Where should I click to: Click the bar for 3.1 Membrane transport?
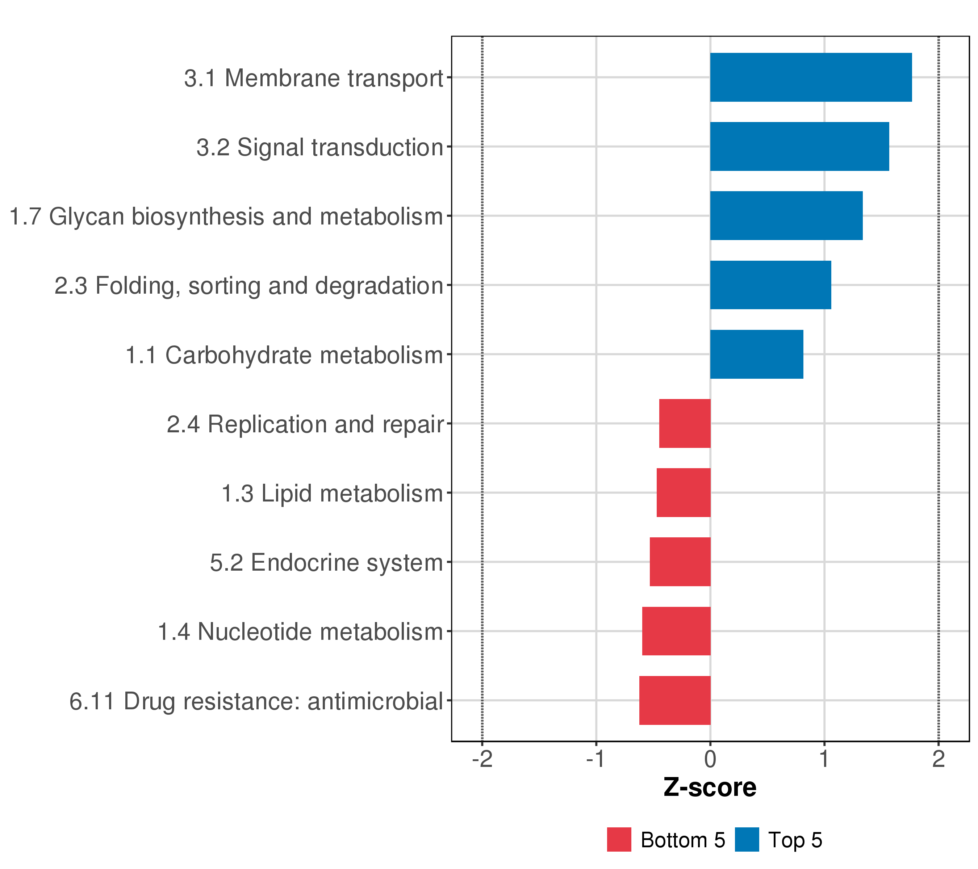click(x=811, y=77)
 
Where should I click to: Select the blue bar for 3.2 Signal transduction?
click(x=799, y=146)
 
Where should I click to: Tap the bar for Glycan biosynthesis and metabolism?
click(x=786, y=216)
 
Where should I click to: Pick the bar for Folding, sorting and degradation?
click(x=770, y=285)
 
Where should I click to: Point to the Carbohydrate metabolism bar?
click(x=756, y=354)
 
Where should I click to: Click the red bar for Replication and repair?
click(x=685, y=423)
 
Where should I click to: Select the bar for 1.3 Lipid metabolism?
click(x=683, y=492)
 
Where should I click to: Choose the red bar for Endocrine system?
click(x=680, y=562)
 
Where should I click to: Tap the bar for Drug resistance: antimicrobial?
click(x=675, y=701)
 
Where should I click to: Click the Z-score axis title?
click(x=710, y=788)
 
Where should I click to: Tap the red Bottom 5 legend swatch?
click(x=619, y=840)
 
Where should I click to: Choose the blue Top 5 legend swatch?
click(x=747, y=840)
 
